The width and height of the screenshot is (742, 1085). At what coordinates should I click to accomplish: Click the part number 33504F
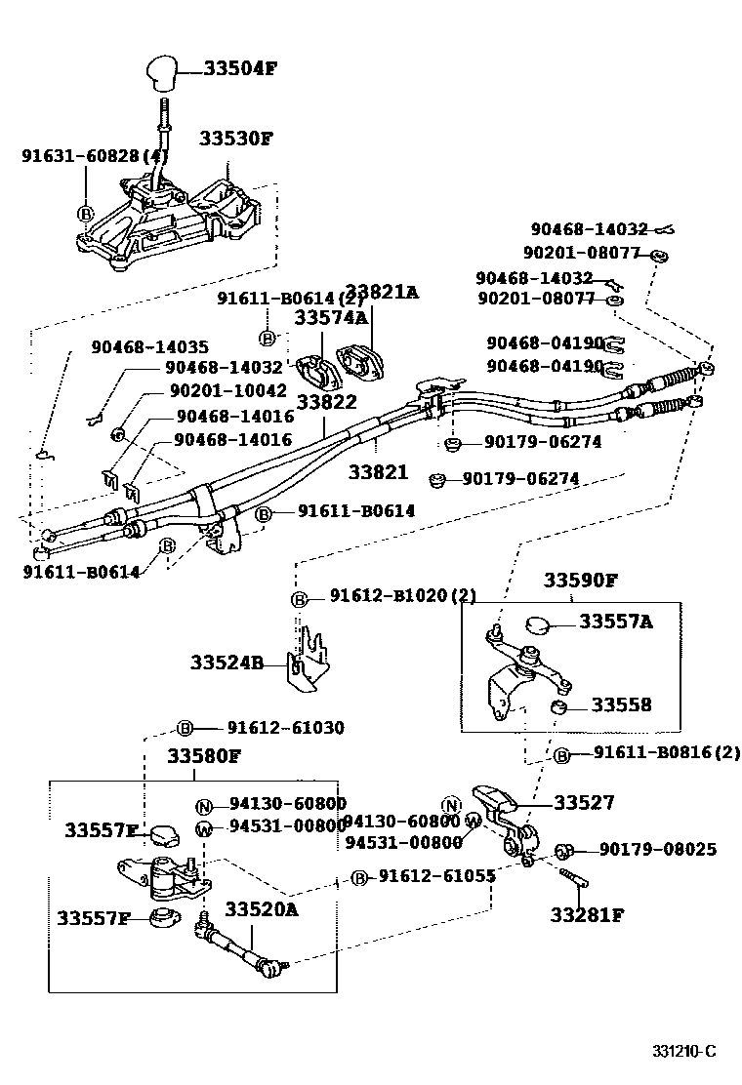coord(241,68)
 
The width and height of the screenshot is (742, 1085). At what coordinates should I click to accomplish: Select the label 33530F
coord(236,138)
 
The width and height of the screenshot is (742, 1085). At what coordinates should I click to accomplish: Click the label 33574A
coord(331,317)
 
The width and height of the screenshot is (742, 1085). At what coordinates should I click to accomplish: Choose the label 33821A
coord(381,291)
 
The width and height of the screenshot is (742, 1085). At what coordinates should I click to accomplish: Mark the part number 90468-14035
coord(149,346)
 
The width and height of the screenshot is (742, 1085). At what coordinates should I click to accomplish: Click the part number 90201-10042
coord(227,389)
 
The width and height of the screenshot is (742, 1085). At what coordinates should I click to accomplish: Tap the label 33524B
coord(227,663)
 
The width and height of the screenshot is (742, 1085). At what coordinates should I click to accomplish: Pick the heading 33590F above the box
coord(581,580)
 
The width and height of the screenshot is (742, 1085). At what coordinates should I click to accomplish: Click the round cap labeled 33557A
coord(539,624)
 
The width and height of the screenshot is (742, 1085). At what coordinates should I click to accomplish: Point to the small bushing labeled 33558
coord(559,705)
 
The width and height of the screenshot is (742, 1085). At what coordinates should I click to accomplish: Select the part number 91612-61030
coord(285,727)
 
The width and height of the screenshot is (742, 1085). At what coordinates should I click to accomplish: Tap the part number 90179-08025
coord(657,850)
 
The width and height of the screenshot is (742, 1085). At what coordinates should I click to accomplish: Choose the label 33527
coord(584,802)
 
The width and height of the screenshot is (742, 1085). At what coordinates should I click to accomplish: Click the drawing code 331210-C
coord(684,1051)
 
